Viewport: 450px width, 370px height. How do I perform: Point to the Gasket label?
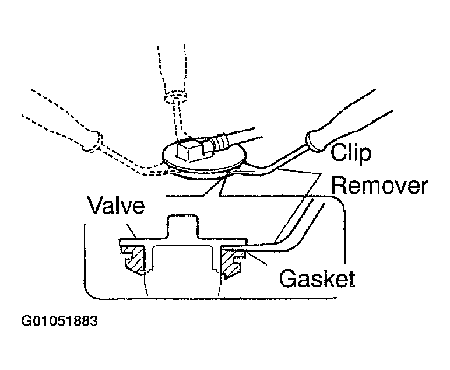(317, 278)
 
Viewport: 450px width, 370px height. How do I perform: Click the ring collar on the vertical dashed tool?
(175, 97)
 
